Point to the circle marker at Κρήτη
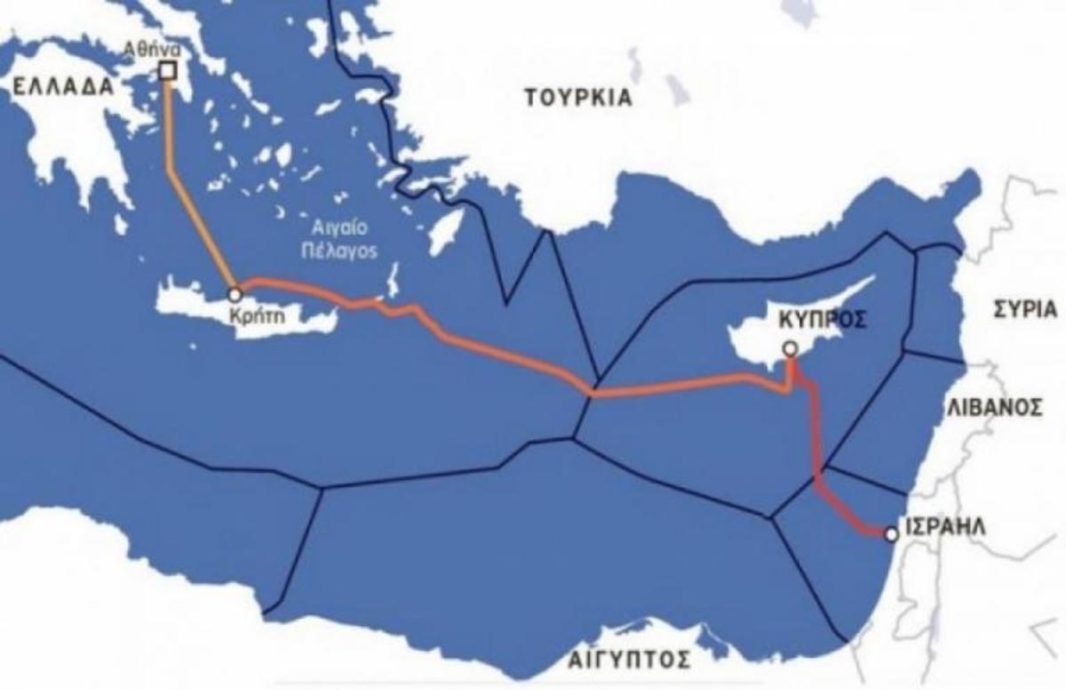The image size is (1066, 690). pos(235,293)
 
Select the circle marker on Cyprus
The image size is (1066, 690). pos(790,348)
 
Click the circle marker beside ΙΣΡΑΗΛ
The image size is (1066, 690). pos(891,534)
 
